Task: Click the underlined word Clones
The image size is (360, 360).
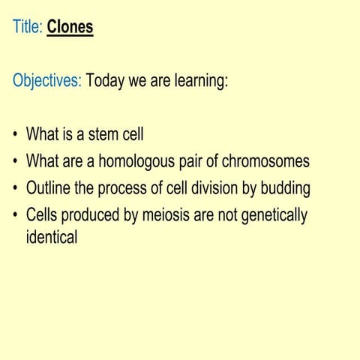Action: [70, 28]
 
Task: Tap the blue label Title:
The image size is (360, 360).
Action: [28, 28]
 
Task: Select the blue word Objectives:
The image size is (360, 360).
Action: [46, 81]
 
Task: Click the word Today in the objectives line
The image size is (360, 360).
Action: [105, 81]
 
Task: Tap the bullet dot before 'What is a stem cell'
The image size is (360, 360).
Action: [16, 136]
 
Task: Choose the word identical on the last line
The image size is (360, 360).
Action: [52, 239]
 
